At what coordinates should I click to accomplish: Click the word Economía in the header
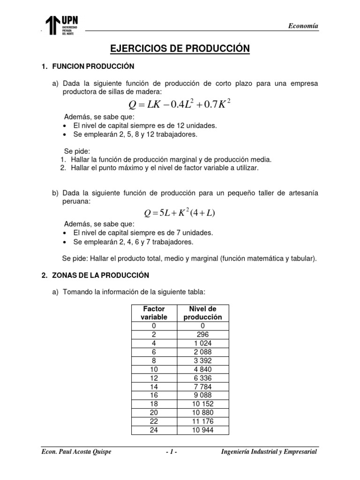303,26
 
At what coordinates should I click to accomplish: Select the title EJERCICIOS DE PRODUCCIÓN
180,49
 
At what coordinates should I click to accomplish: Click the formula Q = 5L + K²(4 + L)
180,213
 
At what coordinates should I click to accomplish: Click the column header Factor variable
154,313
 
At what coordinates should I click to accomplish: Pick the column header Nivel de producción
202,313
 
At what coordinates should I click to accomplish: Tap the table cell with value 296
202,334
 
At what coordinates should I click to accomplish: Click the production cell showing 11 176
202,421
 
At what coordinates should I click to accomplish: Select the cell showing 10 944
202,430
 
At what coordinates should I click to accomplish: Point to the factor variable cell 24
154,430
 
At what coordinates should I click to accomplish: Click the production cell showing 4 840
202,369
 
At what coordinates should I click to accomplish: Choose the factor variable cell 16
154,395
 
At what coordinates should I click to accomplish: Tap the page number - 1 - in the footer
171,451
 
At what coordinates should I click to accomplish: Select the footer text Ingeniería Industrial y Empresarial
269,451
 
